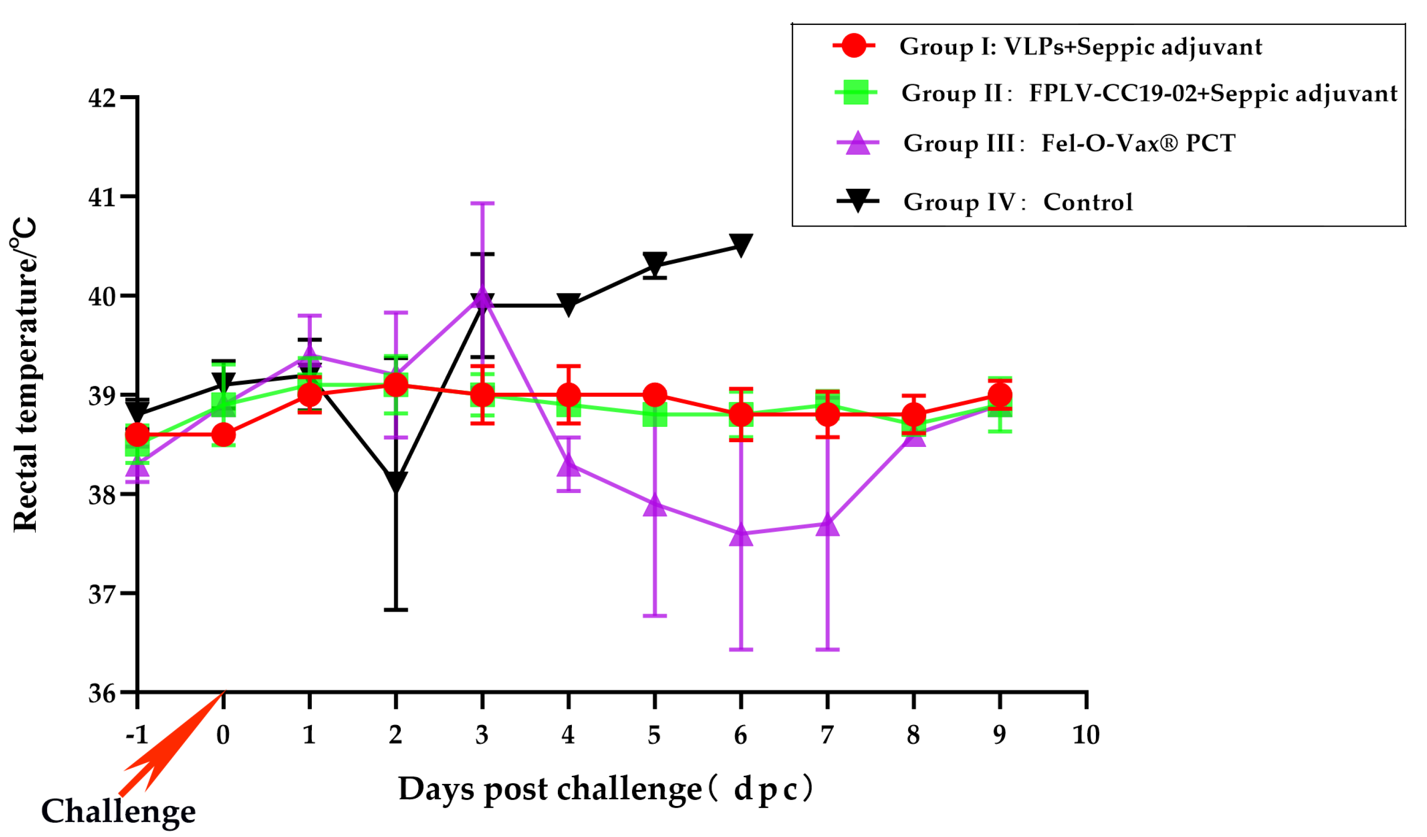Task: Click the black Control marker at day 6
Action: [x=741, y=245]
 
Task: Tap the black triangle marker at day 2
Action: [x=396, y=482]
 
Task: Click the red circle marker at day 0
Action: [x=223, y=435]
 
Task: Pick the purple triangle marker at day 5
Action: [x=655, y=506]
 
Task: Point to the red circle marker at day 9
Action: [x=999, y=395]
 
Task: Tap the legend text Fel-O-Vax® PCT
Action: [x=1138, y=143]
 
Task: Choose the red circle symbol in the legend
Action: [x=853, y=45]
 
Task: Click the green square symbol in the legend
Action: [x=856, y=92]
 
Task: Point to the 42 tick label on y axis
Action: [x=102, y=98]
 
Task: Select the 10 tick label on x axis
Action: [x=1086, y=735]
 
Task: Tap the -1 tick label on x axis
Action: [x=136, y=735]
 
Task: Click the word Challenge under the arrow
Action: [x=119, y=811]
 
